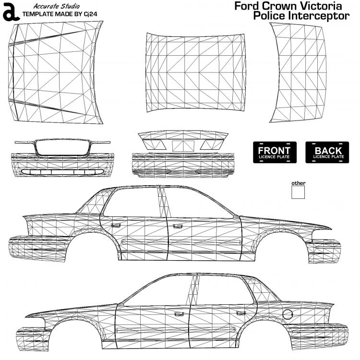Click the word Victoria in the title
[319, 6]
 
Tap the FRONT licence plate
[274, 152]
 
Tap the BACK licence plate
[328, 152]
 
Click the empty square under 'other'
[298, 192]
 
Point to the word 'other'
[298, 183]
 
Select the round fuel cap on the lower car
[287, 314]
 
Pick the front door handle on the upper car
[115, 224]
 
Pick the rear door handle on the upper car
[177, 225]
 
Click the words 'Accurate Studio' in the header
[57, 6]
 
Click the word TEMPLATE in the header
[38, 13]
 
